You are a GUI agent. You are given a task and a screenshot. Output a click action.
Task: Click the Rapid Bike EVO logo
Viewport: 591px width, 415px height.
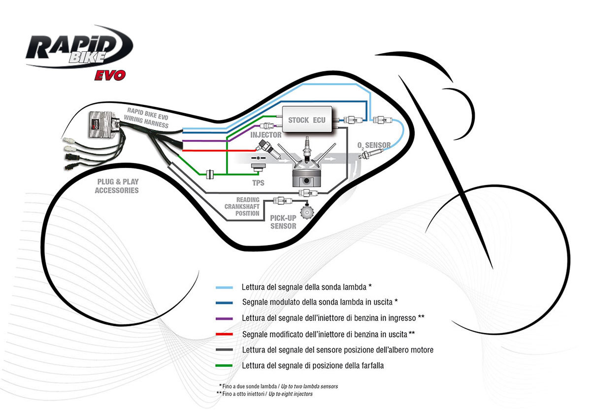click(79, 52)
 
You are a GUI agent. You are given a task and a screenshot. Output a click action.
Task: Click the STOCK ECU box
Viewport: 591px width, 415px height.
click(305, 120)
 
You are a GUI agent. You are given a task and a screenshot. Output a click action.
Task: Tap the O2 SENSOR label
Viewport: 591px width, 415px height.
click(374, 145)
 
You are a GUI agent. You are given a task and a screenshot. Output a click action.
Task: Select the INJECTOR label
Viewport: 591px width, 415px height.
click(266, 134)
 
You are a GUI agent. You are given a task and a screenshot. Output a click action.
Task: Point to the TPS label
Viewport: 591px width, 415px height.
click(258, 183)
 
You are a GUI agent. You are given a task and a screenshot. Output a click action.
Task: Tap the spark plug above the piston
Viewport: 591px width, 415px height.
click(308, 148)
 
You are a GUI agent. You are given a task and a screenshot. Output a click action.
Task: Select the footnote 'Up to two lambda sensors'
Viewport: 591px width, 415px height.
click(309, 386)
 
